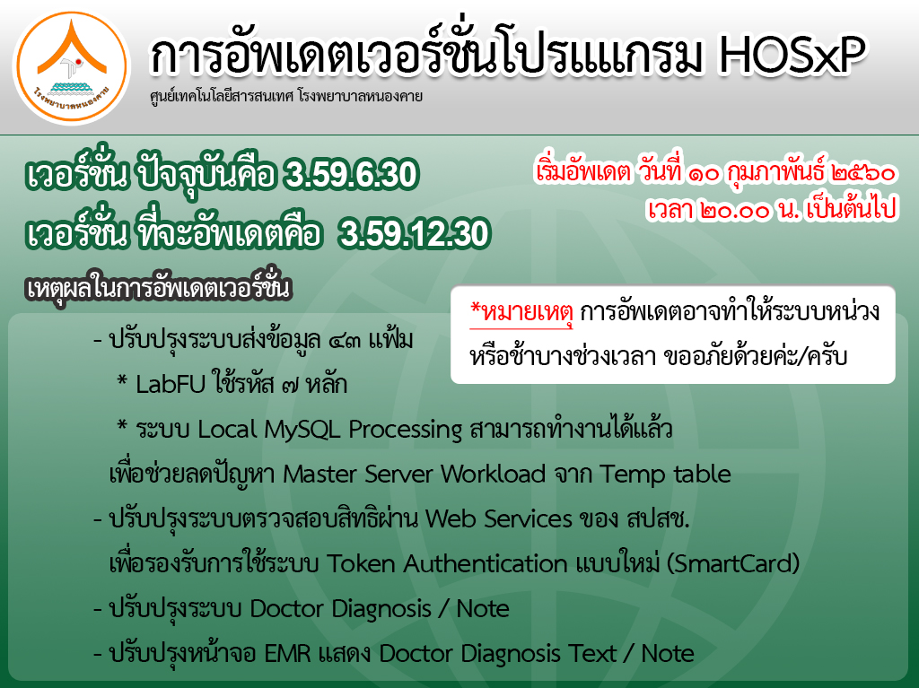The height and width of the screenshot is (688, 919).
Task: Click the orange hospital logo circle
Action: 72,68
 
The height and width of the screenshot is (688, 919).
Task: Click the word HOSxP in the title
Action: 792,57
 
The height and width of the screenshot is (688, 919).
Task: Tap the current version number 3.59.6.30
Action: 351,174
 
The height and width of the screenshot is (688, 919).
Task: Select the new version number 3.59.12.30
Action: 415,233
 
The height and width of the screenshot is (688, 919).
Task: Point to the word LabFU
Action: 171,385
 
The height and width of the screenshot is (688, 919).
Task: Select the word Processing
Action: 406,431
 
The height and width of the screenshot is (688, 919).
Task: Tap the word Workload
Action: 493,475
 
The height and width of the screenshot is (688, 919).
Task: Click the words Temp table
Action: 665,475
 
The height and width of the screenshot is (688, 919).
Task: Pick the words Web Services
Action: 499,519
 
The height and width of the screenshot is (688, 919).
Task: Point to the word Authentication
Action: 486,563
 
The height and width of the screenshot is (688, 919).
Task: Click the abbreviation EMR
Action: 287,653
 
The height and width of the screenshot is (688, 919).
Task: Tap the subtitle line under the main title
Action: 286,97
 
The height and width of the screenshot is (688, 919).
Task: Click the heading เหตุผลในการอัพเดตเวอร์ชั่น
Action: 159,288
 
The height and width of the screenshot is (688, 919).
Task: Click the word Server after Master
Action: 398,475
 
